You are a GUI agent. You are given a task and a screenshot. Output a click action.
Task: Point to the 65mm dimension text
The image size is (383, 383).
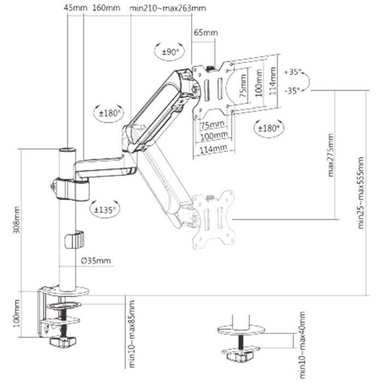pos(205,33)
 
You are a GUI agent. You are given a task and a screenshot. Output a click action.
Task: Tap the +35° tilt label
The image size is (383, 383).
pos(293,72)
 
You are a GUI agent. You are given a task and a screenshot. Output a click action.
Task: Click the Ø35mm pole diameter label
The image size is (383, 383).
pos(95,261)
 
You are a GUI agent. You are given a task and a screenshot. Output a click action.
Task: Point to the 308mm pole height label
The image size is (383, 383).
pos(16,218)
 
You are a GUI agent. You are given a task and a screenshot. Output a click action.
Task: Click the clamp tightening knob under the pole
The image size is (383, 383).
pos(61,343)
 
